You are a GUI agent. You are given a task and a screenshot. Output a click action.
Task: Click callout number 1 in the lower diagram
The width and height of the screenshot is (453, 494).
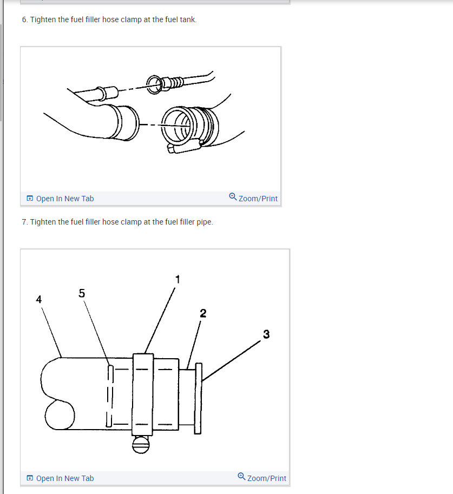[178, 279]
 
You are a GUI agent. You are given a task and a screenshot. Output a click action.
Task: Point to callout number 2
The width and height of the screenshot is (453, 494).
[203, 313]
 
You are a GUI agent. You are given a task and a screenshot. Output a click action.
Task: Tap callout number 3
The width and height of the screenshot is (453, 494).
[266, 334]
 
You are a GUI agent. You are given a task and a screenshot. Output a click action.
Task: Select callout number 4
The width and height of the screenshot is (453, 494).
[39, 299]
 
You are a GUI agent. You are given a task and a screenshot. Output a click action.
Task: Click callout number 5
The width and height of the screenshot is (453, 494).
[82, 293]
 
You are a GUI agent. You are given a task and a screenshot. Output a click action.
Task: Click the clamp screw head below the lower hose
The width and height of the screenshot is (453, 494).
[141, 445]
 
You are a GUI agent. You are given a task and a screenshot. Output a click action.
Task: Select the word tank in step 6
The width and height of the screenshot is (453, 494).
[188, 19]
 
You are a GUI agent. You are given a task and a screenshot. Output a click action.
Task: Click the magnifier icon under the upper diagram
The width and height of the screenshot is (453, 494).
[233, 196]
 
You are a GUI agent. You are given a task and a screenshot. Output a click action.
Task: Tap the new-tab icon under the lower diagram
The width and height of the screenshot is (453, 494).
[30, 478]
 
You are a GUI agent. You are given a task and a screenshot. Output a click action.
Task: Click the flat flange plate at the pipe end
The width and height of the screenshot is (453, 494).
[198, 398]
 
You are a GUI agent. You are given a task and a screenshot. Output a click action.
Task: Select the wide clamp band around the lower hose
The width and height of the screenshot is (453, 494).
[143, 394]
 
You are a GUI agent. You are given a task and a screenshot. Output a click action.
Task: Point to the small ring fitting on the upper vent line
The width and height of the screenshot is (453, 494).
[154, 84]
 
